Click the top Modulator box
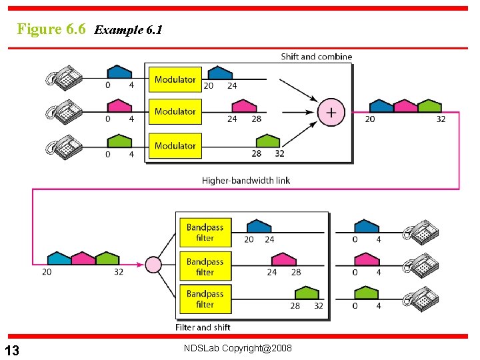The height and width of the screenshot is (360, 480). pos(175,80)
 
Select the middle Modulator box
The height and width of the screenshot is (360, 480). pos(175,111)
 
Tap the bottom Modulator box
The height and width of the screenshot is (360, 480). pos(175,145)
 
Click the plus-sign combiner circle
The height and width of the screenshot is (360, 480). pos(331,112)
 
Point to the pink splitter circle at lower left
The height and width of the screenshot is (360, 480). pos(153,265)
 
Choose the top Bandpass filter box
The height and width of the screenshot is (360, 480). pos(205,233)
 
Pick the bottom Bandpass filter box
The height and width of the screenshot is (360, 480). pos(205,299)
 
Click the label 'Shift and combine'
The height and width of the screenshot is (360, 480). pos(316,57)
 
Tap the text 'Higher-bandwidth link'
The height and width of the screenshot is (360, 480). pos(246,180)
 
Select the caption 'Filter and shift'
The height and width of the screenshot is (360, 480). pos(203,327)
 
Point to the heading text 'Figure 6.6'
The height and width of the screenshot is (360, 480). pos(51,29)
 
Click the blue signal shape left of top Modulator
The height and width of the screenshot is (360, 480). pos(120,71)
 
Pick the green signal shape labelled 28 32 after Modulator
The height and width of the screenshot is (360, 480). pos(267,141)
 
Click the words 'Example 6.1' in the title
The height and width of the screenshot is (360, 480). pos(129,30)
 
